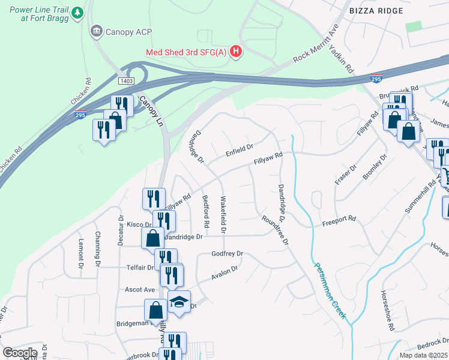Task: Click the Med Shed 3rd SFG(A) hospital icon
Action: (236, 51)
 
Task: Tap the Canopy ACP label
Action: (122, 31)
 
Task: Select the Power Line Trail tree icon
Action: (77, 13)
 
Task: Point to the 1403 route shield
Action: (126, 80)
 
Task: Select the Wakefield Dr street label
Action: (223, 214)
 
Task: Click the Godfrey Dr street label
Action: (227, 254)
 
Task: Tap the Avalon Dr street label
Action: (224, 274)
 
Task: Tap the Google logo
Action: (20, 353)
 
